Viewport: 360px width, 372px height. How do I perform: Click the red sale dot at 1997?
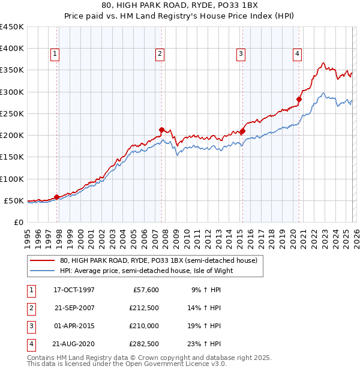[x=57, y=197]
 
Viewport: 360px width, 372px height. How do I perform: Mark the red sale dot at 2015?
[x=242, y=131]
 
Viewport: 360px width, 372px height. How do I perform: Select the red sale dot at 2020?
[x=299, y=100]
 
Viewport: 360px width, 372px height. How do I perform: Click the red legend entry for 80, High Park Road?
[x=158, y=260]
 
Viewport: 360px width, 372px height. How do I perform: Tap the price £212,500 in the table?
[x=145, y=308]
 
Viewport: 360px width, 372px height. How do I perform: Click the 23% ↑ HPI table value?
[x=207, y=344]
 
